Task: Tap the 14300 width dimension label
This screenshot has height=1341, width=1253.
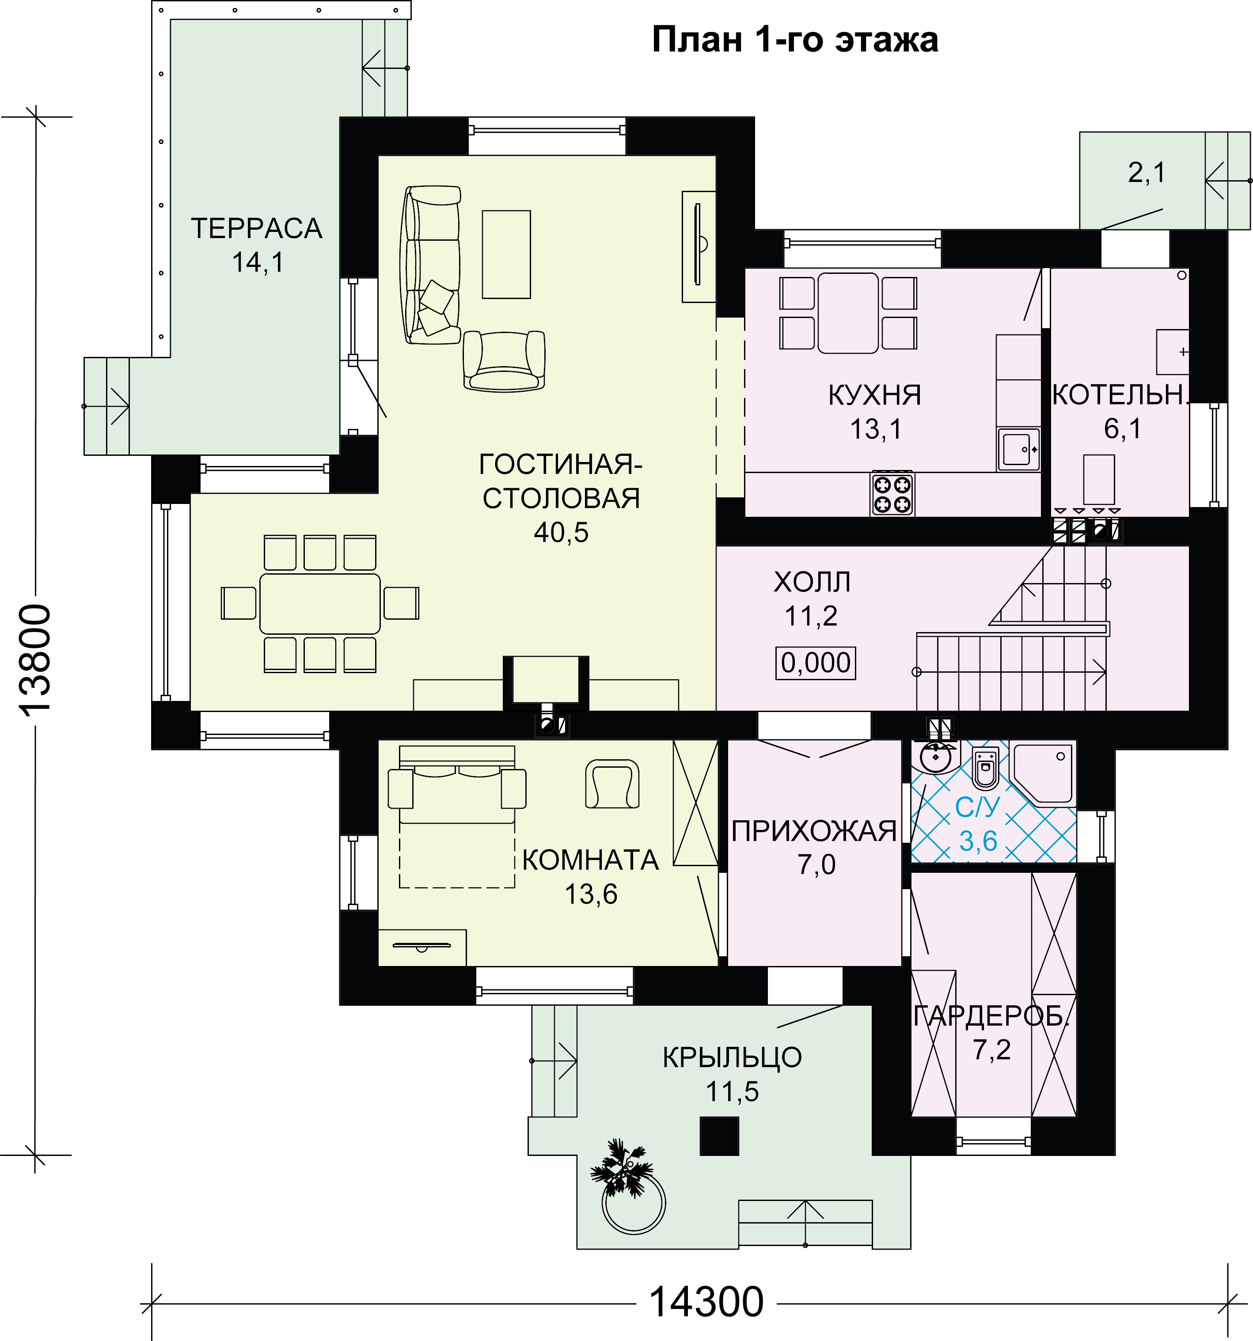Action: click(x=706, y=1301)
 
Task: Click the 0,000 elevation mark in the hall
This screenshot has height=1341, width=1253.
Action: click(x=816, y=663)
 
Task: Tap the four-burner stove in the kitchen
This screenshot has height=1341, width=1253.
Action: click(x=892, y=493)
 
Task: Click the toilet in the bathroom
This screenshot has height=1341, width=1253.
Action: click(x=986, y=768)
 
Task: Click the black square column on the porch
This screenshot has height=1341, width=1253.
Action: click(x=719, y=1136)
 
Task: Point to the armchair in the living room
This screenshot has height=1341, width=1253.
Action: click(x=504, y=360)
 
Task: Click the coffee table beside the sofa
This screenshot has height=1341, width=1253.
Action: click(x=506, y=254)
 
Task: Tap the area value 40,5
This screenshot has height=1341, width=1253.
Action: click(x=561, y=532)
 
